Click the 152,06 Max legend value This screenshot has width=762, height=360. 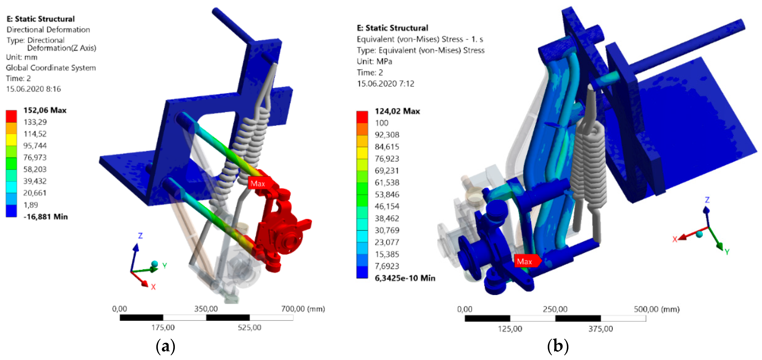pos(45,110)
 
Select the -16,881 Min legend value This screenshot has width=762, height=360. pos(46,217)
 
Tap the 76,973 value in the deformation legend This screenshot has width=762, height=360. pos(35,157)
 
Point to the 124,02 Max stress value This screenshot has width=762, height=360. pos(397,111)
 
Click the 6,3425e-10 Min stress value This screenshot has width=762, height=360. pos(405,278)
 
